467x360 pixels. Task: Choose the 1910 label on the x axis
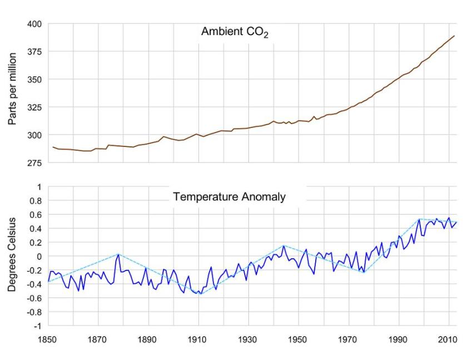pyautogui.click(x=198, y=338)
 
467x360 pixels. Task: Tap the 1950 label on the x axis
pyautogui.click(x=299, y=338)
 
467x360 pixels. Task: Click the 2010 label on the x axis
pyautogui.click(x=449, y=338)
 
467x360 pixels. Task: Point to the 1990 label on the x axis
pyautogui.click(x=399, y=338)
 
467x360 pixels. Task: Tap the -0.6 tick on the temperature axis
pyautogui.click(x=34, y=298)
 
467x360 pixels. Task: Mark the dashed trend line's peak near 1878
pyautogui.click(x=118, y=254)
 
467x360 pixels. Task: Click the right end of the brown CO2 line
pyautogui.click(x=455, y=36)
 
